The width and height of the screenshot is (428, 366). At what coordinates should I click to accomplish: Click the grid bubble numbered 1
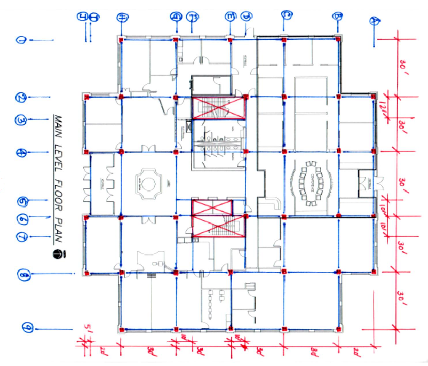[21, 40]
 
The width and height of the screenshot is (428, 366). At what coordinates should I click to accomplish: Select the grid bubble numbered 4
[21, 152]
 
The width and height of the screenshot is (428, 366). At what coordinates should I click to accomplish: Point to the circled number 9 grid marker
[27, 327]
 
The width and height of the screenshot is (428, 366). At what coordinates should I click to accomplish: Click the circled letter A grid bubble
[374, 21]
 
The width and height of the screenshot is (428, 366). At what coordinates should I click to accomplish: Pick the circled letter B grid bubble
[337, 17]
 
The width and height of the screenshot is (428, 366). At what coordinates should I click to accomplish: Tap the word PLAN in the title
[58, 232]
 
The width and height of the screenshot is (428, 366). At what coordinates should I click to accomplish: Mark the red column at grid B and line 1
[338, 39]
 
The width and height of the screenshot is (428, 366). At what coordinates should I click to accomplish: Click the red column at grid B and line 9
[338, 328]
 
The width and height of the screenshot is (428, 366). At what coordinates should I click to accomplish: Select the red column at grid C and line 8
[284, 272]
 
